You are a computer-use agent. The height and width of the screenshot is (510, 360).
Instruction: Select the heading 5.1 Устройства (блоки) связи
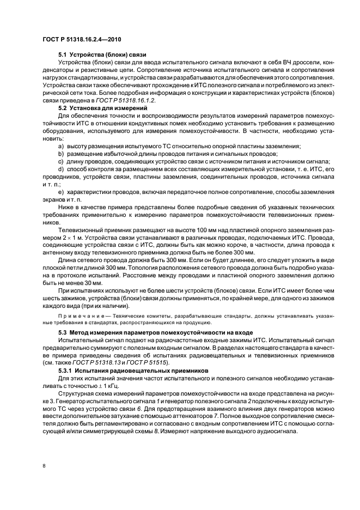101,55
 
